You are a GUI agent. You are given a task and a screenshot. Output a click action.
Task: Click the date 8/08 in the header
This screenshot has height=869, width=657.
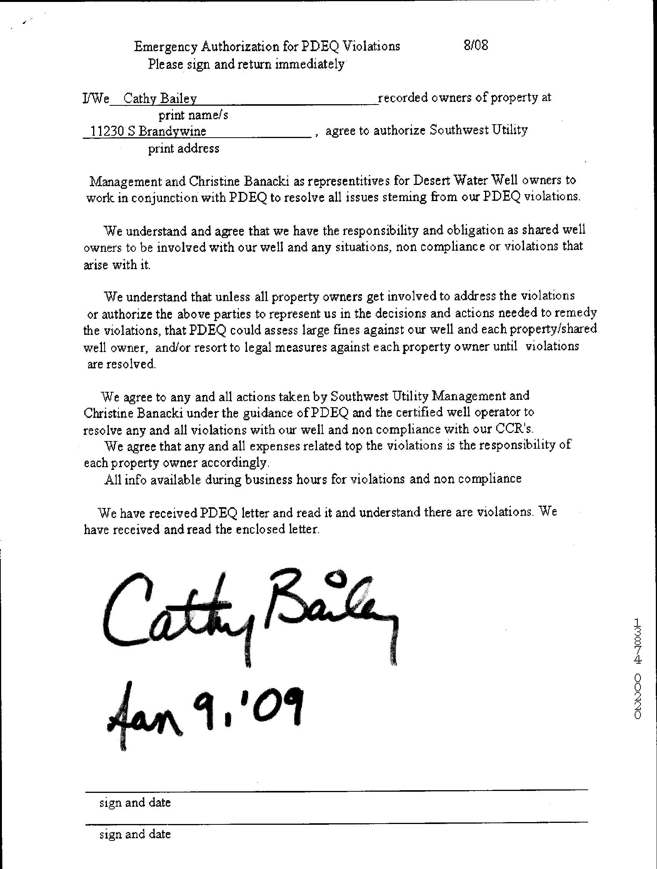(475, 46)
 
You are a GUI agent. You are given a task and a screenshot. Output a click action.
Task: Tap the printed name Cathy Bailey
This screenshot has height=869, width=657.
(160, 98)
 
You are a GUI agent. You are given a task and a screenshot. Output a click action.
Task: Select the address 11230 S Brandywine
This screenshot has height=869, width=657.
(148, 131)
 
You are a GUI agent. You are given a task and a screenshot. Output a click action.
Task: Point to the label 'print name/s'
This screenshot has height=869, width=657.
(193, 115)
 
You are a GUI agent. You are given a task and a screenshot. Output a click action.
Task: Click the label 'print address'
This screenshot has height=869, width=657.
(183, 148)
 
